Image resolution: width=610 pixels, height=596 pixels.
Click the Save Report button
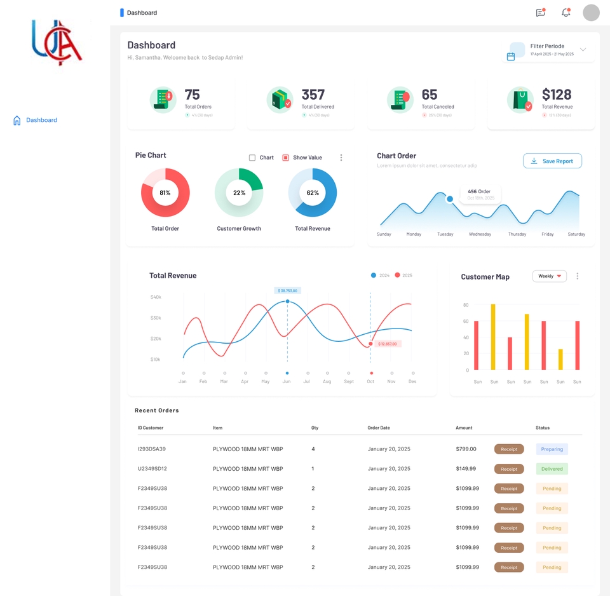[552, 161]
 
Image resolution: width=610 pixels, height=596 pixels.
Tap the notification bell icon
[566, 13]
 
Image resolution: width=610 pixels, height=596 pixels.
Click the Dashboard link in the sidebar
[41, 120]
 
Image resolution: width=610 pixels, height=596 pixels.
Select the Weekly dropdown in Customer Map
[549, 276]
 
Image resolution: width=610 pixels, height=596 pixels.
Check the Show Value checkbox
[286, 158]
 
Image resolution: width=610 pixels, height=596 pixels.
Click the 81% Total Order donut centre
[165, 193]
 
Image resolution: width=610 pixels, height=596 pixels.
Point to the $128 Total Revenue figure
[557, 95]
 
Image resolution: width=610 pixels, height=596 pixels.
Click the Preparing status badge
[552, 449]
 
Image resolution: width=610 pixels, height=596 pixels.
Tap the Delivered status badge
[552, 469]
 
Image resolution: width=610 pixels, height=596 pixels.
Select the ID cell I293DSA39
[152, 449]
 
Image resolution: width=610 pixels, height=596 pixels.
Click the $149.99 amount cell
[466, 469]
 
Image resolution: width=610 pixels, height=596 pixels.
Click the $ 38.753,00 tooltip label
[287, 290]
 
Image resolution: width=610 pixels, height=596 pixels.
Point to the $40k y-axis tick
[156, 297]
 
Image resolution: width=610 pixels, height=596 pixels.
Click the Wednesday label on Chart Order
[480, 234]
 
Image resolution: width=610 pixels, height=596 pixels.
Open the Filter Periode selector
[548, 50]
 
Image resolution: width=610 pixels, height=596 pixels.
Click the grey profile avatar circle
[591, 13]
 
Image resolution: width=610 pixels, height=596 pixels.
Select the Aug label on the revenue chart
[327, 382]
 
